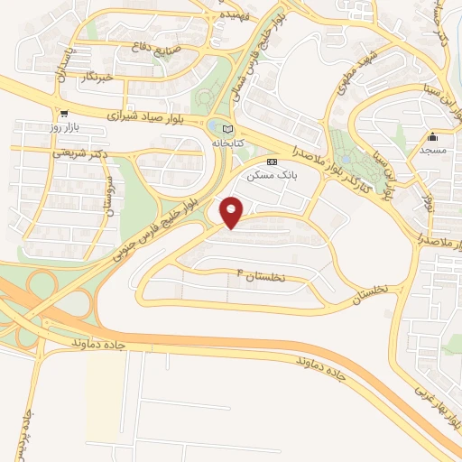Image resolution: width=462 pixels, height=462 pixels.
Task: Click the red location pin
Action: tap(232, 210)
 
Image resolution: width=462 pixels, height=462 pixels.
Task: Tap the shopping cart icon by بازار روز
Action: tap(64, 115)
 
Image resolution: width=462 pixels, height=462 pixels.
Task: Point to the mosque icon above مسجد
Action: tap(432, 137)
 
